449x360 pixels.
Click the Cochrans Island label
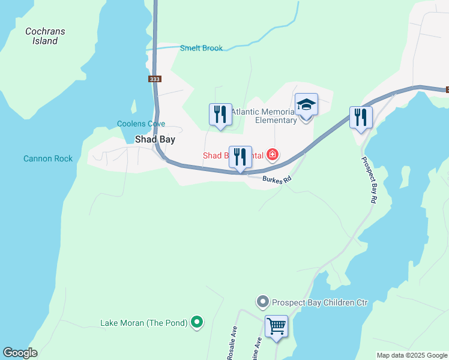(45, 36)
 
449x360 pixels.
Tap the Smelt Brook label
(201, 48)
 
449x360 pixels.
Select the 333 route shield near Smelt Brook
(155, 79)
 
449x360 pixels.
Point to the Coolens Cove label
(141, 124)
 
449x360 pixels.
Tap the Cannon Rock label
(48, 158)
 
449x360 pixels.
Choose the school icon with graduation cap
(306, 104)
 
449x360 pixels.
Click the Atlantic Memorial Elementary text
(264, 116)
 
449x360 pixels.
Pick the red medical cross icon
(273, 155)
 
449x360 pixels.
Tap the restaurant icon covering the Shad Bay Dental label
(240, 157)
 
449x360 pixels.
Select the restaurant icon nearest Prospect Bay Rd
(361, 116)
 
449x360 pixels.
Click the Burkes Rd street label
(277, 179)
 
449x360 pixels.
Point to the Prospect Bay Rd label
(369, 180)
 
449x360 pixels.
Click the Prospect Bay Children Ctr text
(319, 302)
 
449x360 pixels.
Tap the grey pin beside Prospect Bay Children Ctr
(262, 302)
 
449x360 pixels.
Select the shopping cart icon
(277, 327)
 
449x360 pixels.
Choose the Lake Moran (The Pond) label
(144, 323)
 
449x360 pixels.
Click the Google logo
(20, 353)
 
